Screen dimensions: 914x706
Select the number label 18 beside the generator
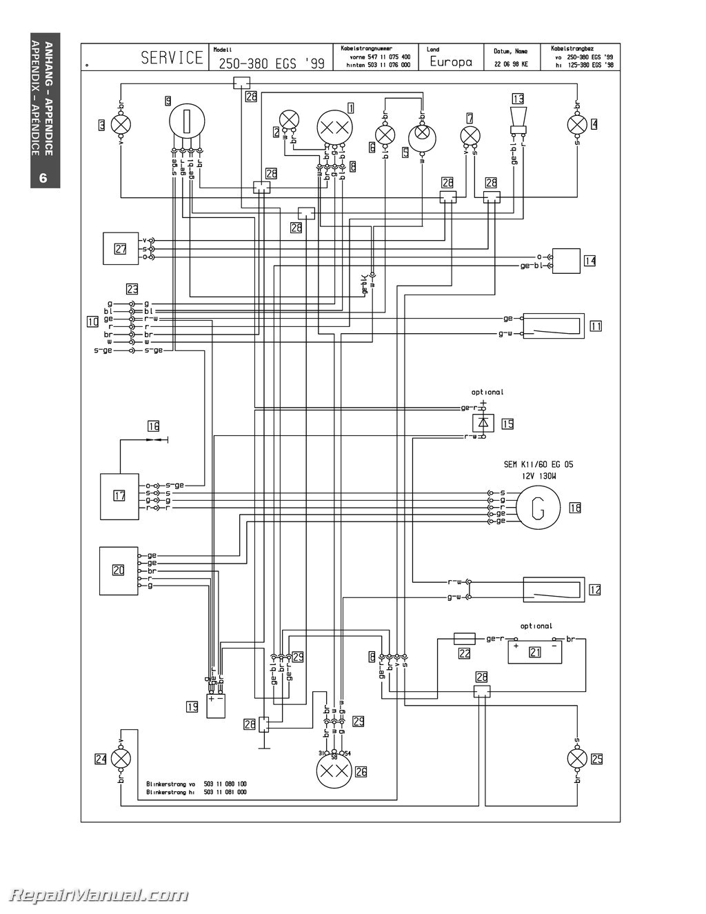[x=575, y=508]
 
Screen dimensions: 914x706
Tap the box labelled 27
[x=121, y=249]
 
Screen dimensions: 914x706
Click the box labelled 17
[x=119, y=495]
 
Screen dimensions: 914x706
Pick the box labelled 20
[x=119, y=570]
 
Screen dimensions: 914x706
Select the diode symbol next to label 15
[x=483, y=422]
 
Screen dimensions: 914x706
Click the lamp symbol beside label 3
[x=121, y=125]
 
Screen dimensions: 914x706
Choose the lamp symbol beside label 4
[x=576, y=125]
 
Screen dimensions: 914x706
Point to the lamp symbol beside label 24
[x=121, y=759]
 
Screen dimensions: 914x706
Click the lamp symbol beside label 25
[x=576, y=759]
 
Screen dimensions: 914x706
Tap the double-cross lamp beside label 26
[x=334, y=772]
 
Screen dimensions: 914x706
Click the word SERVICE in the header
[x=172, y=58]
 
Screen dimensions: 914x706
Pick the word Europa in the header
[x=451, y=62]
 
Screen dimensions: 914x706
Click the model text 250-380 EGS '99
[x=272, y=63]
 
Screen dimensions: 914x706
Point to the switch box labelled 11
[x=554, y=325]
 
